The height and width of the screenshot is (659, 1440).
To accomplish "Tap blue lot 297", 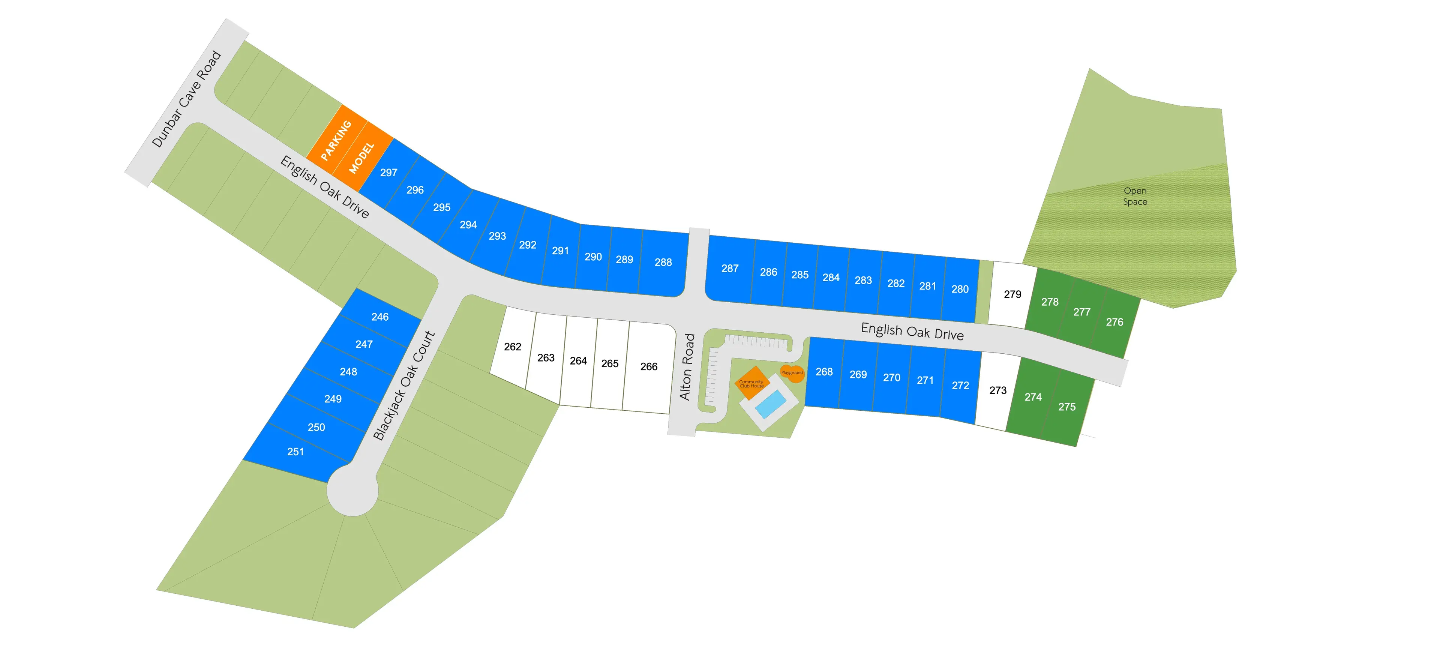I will pyautogui.click(x=388, y=173).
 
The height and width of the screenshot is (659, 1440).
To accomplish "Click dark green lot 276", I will pyautogui.click(x=1114, y=322).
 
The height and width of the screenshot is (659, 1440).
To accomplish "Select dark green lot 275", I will pyautogui.click(x=1066, y=407).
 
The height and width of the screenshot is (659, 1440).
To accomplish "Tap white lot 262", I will pyautogui.click(x=512, y=347).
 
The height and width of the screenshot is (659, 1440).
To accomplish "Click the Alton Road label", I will pyautogui.click(x=687, y=367).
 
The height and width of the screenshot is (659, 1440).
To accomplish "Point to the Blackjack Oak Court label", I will pyautogui.click(x=403, y=385).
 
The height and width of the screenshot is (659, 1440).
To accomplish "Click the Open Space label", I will pyautogui.click(x=1135, y=196).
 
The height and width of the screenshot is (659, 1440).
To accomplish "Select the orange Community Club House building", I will pyautogui.click(x=752, y=383).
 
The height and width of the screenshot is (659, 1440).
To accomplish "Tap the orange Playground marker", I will pyautogui.click(x=792, y=373).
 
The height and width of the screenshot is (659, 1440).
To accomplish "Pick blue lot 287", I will pyautogui.click(x=729, y=268).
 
